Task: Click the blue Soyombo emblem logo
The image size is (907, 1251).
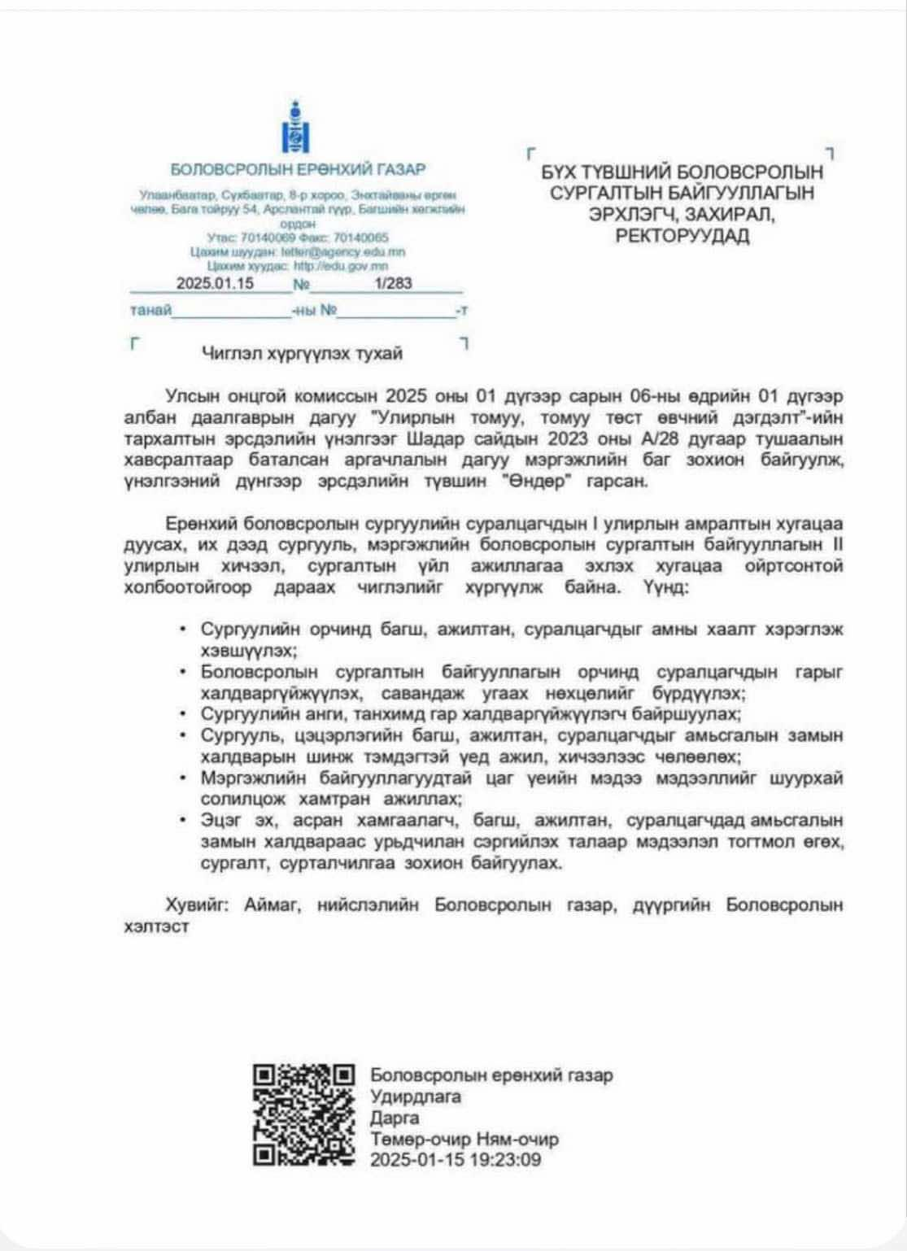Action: tap(296, 129)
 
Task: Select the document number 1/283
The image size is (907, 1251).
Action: tap(394, 283)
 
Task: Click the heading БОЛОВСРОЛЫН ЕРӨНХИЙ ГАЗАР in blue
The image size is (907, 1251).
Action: tap(298, 170)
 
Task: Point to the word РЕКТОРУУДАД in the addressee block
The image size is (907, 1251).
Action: tap(682, 238)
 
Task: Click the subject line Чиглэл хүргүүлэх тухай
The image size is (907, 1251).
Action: tap(302, 354)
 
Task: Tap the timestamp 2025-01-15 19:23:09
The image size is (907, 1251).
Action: tap(455, 1160)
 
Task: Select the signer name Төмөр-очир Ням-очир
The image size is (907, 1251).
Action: tap(464, 1139)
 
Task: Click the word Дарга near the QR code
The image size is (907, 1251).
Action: tap(395, 1118)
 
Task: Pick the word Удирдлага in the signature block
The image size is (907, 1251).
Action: tap(416, 1096)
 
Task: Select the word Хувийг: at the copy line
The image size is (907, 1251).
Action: tap(194, 904)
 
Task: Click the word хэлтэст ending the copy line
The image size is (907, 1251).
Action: tap(156, 926)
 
